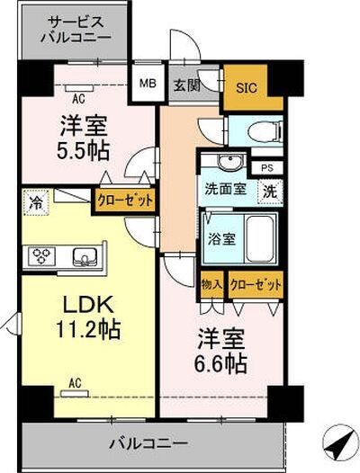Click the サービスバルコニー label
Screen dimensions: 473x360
pyautogui.click(x=78, y=31)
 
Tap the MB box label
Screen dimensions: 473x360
pyautogui.click(x=146, y=86)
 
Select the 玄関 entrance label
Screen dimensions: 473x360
pyautogui.click(x=186, y=86)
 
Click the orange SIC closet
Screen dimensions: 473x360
pyautogui.click(x=245, y=87)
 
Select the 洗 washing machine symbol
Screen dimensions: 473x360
pyautogui.click(x=270, y=191)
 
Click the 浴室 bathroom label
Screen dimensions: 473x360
pyautogui.click(x=222, y=239)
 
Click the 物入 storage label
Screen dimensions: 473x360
pyautogui.click(x=211, y=283)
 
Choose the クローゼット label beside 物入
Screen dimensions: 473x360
pyautogui.click(x=255, y=283)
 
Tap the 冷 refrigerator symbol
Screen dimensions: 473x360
pyautogui.click(x=34, y=201)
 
